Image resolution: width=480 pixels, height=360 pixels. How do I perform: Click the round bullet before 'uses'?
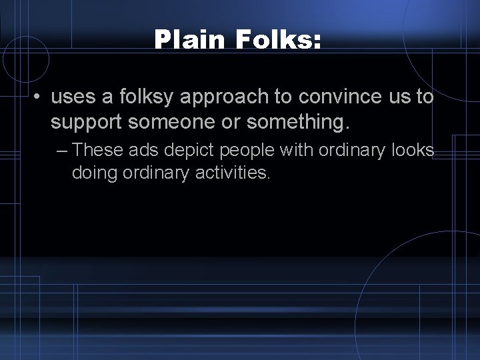pos(39,98)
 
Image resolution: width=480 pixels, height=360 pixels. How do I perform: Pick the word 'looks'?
pos(413,151)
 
